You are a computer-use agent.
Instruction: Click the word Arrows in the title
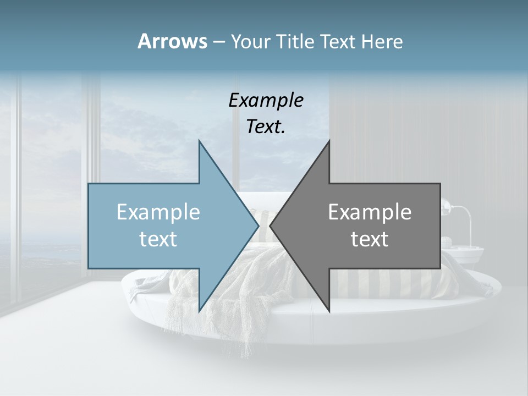pyautogui.click(x=172, y=41)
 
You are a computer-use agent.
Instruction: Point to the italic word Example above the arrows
pyautogui.click(x=266, y=101)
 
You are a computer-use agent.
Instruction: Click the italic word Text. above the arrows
pyautogui.click(x=266, y=127)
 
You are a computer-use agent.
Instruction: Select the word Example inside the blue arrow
pyautogui.click(x=158, y=212)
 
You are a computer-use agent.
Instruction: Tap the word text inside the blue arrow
pyautogui.click(x=158, y=239)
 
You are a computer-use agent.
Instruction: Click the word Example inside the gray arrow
pyautogui.click(x=370, y=212)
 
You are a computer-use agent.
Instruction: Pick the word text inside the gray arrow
pyautogui.click(x=370, y=239)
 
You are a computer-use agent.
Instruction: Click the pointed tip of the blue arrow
pyautogui.click(x=258, y=226)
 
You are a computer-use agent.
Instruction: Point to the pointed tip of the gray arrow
pyautogui.click(x=270, y=226)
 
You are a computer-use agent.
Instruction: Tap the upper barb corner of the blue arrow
pyautogui.click(x=199, y=141)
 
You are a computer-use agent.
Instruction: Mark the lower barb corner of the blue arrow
pyautogui.click(x=199, y=311)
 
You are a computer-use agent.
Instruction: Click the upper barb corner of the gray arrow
pyautogui.click(x=329, y=141)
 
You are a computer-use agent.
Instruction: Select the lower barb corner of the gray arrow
pyautogui.click(x=329, y=311)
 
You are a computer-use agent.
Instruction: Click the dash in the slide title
pyautogui.click(x=218, y=42)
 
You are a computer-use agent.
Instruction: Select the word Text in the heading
pyautogui.click(x=339, y=41)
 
